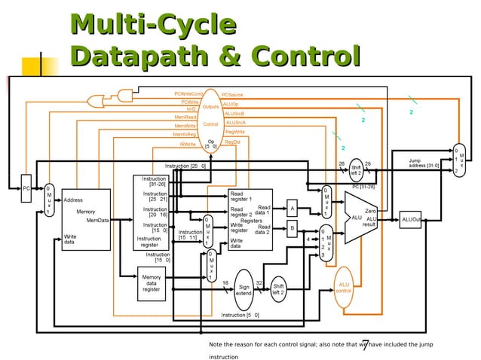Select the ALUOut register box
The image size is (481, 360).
click(x=411, y=219)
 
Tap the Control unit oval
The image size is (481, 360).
click(x=211, y=123)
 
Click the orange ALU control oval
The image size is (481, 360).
click(x=343, y=287)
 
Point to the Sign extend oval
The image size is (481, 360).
click(x=244, y=289)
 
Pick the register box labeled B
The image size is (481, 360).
click(x=292, y=227)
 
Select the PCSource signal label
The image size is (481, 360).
click(x=231, y=95)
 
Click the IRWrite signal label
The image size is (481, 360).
click(x=187, y=143)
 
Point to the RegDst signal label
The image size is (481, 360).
click(x=232, y=142)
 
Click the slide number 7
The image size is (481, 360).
click(x=365, y=345)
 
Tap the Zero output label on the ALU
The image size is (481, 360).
click(x=370, y=212)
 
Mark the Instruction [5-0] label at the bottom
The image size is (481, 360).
click(x=240, y=314)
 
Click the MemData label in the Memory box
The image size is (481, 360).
click(x=97, y=220)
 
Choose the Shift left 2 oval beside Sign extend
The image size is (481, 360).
click(x=278, y=289)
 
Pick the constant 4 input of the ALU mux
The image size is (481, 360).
click(x=308, y=239)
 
